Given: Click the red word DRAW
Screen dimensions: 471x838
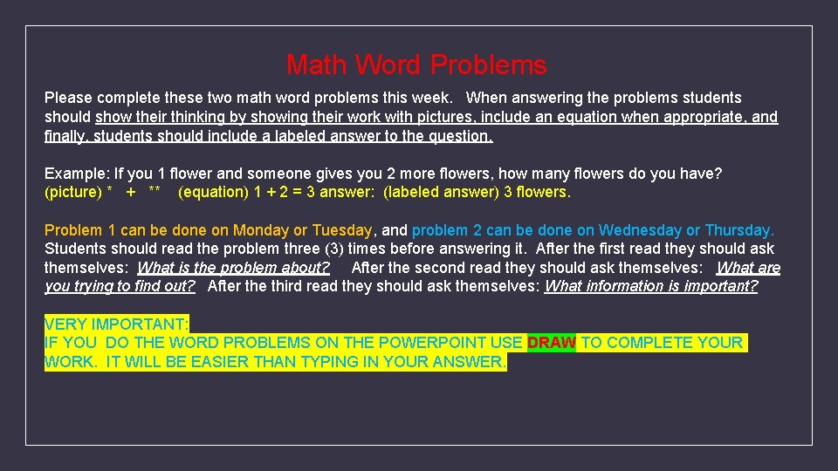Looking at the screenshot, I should tap(551, 343).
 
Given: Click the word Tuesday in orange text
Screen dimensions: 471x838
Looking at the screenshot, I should tap(342, 230).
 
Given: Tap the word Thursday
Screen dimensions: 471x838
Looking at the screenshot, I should tap(738, 230).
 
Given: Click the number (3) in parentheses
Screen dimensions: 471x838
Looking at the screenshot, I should tap(333, 249).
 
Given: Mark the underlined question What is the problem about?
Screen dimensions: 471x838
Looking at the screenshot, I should tap(233, 268).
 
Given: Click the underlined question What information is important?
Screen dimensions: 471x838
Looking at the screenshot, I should tap(650, 286).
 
